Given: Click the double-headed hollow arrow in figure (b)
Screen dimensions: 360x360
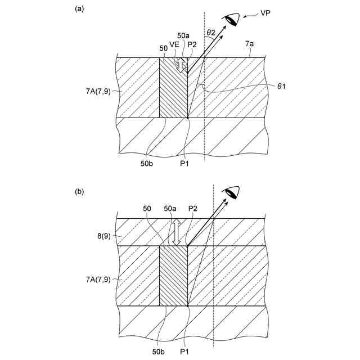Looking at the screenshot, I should coord(176,231).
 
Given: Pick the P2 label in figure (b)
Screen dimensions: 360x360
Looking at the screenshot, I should coord(192,208).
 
